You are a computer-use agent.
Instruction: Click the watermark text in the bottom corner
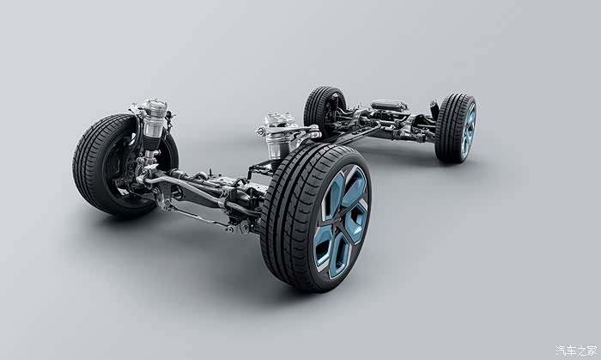click(576, 350)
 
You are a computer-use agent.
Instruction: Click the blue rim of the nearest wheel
click(341, 222)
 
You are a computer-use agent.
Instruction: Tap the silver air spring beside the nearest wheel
click(278, 136)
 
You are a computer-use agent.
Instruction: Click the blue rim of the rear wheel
click(468, 131)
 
